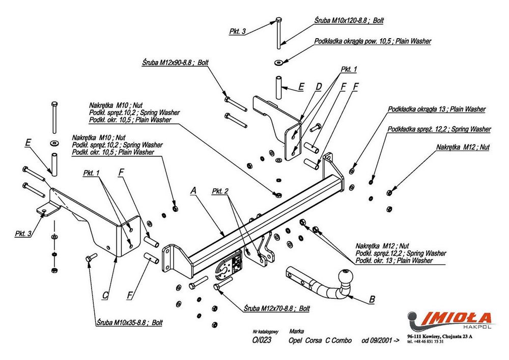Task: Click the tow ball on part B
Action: coord(347,280)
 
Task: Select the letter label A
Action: coord(193,190)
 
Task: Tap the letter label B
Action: coord(372,299)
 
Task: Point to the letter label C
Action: coord(105,294)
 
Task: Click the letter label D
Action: coord(319,87)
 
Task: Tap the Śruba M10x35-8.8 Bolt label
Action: coord(129,322)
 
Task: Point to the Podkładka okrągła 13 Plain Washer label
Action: coord(436,109)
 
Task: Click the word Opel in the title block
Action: coord(296,340)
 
